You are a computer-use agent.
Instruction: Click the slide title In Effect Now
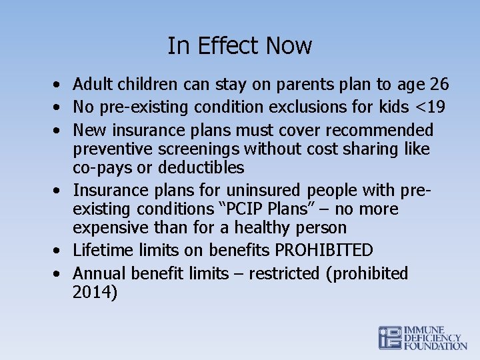coord(239,46)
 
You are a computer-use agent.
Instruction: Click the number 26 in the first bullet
coord(439,85)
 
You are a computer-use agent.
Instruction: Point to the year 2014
coord(95,293)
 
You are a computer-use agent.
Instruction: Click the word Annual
coord(100,273)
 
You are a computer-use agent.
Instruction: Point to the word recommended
coord(381,129)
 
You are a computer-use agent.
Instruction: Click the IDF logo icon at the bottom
coord(390,338)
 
